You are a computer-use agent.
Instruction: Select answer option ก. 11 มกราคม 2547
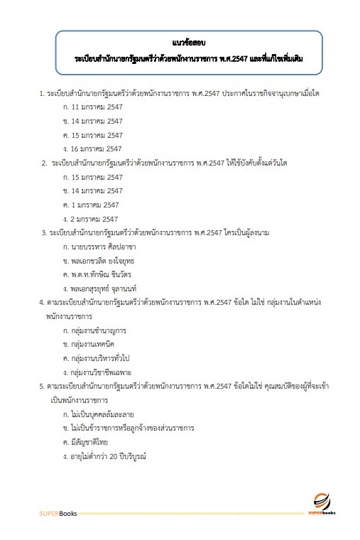click(x=93, y=107)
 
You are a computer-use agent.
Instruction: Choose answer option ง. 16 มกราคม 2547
click(x=93, y=148)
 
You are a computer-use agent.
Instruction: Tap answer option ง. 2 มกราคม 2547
click(x=90, y=219)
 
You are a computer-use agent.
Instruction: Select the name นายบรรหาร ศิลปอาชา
click(x=99, y=247)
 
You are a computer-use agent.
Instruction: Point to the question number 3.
click(x=43, y=232)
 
